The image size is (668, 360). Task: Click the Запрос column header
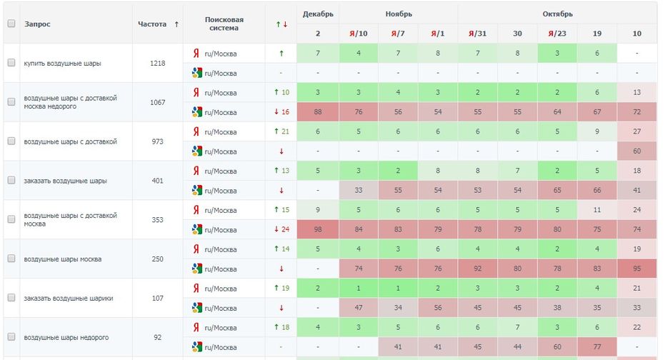pyautogui.click(x=37, y=24)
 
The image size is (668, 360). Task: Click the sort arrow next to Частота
pyautogui.click(x=176, y=24)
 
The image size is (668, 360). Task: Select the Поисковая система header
pyautogui.click(x=224, y=24)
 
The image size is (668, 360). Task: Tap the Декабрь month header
pyautogui.click(x=317, y=14)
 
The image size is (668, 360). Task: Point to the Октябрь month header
pyautogui.click(x=557, y=14)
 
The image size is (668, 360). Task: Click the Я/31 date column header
pyautogui.click(x=477, y=34)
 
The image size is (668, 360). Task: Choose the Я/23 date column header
pyautogui.click(x=557, y=34)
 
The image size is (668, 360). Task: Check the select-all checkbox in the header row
pyautogui.click(x=11, y=24)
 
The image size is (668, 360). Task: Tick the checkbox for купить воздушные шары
pyautogui.click(x=11, y=63)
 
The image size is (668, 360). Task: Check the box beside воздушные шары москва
pyautogui.click(x=11, y=259)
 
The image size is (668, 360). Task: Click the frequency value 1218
pyautogui.click(x=158, y=63)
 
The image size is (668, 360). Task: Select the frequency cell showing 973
pyautogui.click(x=158, y=141)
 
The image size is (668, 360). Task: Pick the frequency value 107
pyautogui.click(x=158, y=298)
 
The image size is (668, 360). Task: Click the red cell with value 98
pyautogui.click(x=317, y=229)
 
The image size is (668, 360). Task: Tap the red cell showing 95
pyautogui.click(x=637, y=269)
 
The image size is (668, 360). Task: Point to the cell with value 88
pyautogui.click(x=317, y=112)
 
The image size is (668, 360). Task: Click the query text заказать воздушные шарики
pyautogui.click(x=69, y=299)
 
